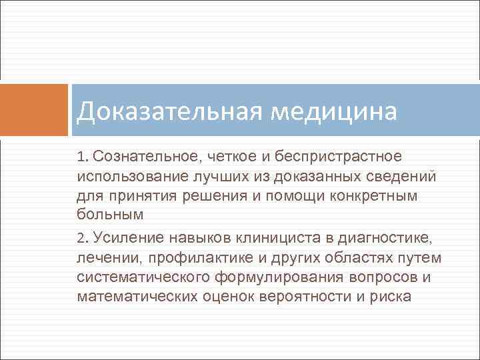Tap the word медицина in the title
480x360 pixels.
pos(335,111)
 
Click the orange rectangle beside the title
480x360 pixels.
pos(34,110)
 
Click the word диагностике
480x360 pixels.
pos(387,236)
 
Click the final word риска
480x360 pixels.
pos(391,296)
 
